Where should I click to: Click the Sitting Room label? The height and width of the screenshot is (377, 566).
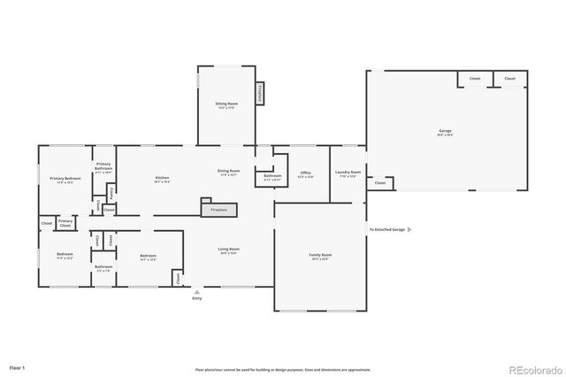coord(226,104)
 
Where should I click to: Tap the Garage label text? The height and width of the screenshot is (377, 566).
coord(445,133)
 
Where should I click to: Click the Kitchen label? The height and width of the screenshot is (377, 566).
coord(162,180)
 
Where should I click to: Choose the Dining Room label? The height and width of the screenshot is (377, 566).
coord(229,172)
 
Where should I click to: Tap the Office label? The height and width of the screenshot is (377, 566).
coord(305,174)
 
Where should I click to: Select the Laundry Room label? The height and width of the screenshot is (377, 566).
coord(348,173)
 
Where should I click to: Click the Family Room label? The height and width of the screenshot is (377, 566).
coord(318,257)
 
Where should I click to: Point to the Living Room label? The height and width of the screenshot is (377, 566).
coord(229,250)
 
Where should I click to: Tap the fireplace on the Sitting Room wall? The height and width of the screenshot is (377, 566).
coord(259,94)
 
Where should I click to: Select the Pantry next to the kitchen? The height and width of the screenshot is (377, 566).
coord(111,191)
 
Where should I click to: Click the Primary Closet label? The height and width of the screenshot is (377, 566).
coord(65,223)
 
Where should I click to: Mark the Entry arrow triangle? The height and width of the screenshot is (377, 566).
coord(196,289)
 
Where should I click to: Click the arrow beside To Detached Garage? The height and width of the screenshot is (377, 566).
coord(409,229)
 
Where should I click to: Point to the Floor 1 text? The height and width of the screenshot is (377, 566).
coord(18,366)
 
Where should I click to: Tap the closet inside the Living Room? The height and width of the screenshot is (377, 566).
coord(178,278)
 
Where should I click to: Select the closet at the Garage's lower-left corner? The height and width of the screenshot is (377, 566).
coord(380,183)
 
